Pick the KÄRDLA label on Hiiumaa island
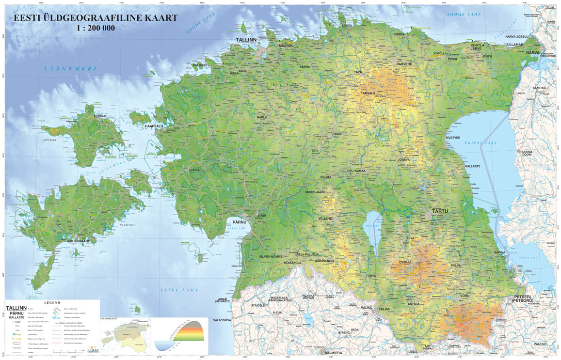[x=99, y=116]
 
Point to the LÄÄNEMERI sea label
[x=70, y=69]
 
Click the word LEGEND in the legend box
[x=52, y=302]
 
